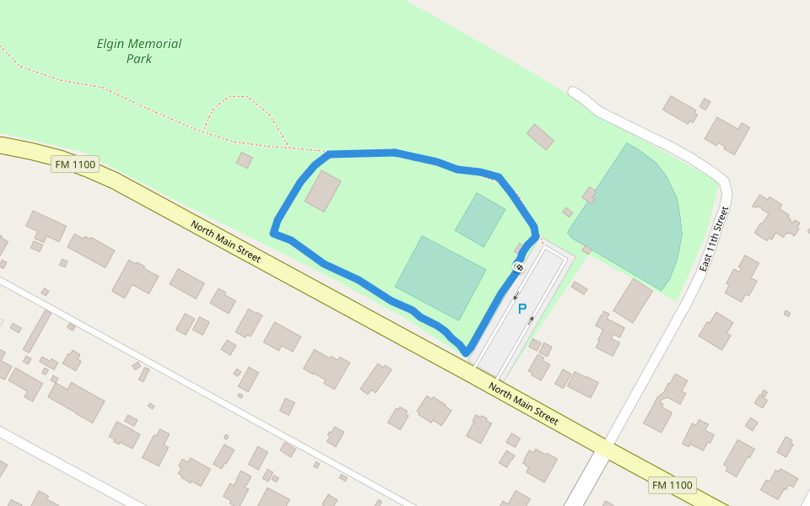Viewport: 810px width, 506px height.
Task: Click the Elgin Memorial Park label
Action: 139,51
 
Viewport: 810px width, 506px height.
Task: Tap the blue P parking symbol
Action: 522,310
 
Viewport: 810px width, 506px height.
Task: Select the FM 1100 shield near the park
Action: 76,164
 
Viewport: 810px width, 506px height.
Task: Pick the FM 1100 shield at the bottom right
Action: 672,485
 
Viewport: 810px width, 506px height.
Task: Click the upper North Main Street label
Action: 225,242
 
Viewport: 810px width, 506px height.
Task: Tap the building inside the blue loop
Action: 323,191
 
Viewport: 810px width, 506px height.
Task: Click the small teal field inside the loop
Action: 480,219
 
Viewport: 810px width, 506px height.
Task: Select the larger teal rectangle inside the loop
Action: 440,277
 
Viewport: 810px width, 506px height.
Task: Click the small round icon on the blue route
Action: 519,267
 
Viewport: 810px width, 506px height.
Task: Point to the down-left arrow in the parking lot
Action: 516,296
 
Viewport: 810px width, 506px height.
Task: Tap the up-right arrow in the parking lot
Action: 532,320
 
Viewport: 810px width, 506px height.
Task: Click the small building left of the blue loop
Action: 245,160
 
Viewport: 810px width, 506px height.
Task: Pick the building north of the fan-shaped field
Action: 540,137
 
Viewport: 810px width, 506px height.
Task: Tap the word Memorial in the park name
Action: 154,44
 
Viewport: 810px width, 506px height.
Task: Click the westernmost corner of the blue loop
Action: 273,231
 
